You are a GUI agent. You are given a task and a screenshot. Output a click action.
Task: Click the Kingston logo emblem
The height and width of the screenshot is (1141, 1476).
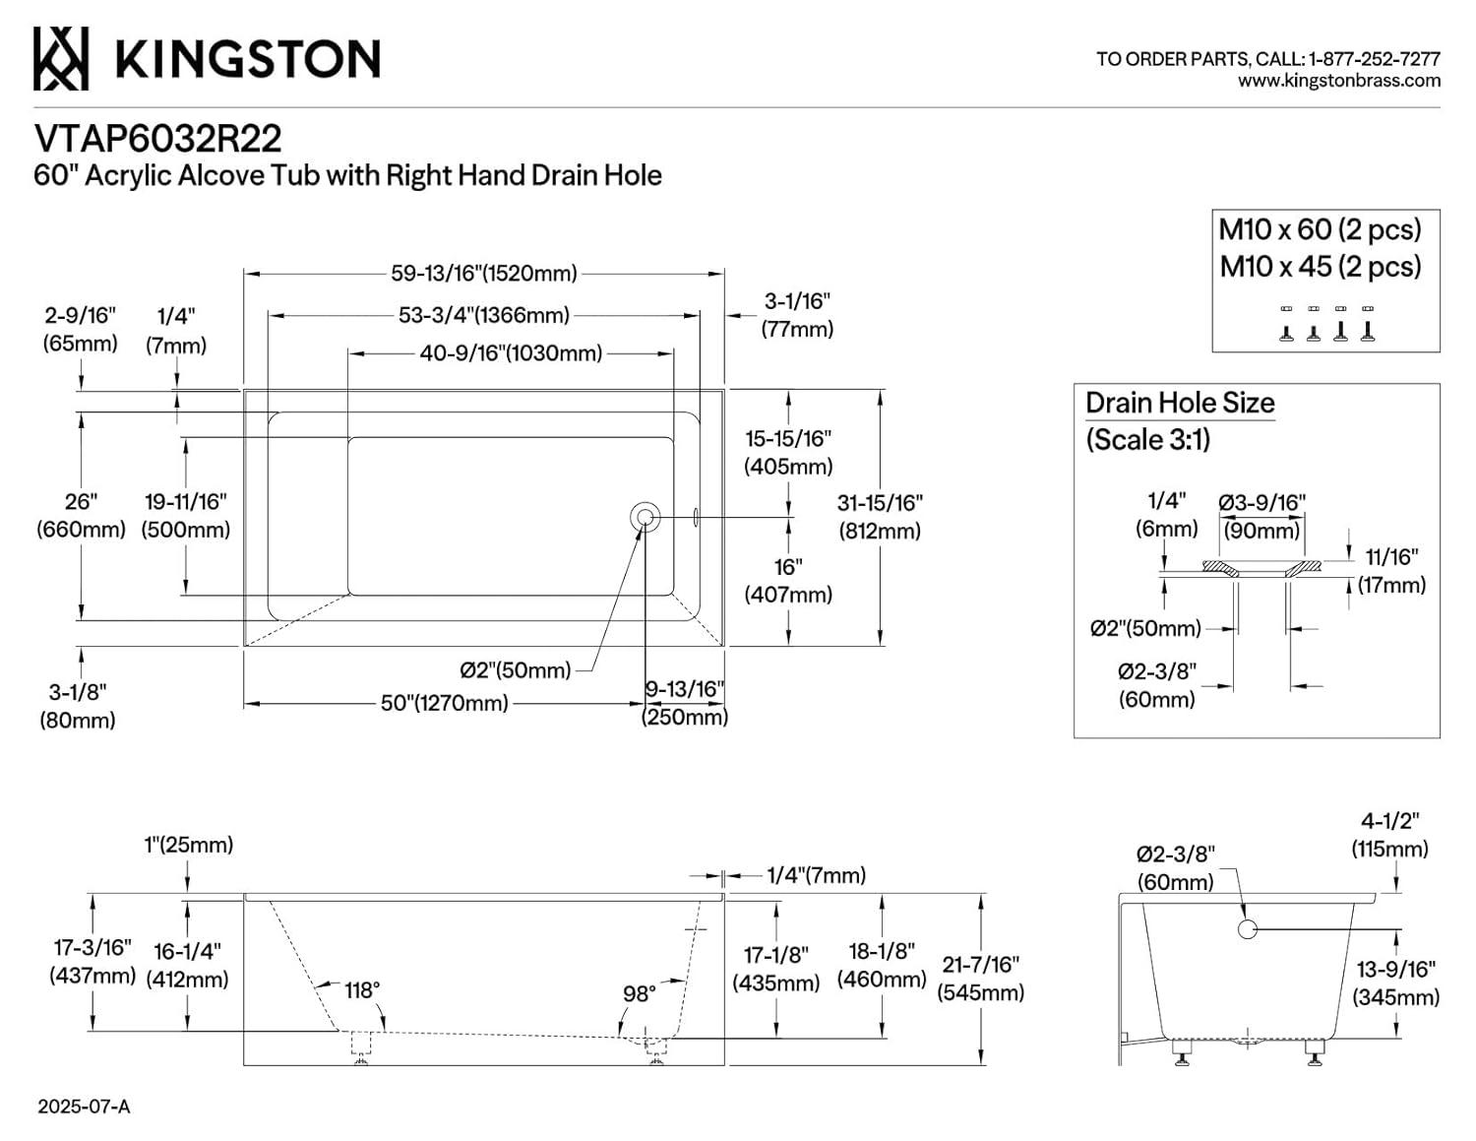pyautogui.click(x=61, y=58)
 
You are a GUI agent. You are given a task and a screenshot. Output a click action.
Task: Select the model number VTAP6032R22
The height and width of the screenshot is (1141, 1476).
pyautogui.click(x=157, y=138)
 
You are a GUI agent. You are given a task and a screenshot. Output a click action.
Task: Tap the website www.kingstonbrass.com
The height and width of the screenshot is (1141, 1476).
pyautogui.click(x=1338, y=82)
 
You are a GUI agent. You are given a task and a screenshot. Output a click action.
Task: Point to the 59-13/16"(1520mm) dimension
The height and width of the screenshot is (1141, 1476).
pyautogui.click(x=483, y=273)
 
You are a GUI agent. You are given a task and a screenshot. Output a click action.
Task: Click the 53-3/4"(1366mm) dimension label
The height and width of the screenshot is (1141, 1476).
pyautogui.click(x=483, y=315)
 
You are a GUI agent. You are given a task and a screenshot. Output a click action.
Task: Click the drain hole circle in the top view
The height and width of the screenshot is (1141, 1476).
pyautogui.click(x=646, y=516)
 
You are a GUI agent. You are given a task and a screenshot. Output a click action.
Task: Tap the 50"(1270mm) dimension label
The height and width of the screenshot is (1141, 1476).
pyautogui.click(x=444, y=703)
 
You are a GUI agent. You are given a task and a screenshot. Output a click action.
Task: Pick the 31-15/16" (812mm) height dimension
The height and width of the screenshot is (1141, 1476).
pyautogui.click(x=880, y=516)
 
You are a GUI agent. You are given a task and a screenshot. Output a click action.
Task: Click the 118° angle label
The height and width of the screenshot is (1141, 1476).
pyautogui.click(x=361, y=989)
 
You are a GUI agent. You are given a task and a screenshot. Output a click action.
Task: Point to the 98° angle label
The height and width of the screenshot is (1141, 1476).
pyautogui.click(x=639, y=993)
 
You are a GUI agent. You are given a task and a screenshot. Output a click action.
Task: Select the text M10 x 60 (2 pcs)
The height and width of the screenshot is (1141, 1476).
pyautogui.click(x=1320, y=229)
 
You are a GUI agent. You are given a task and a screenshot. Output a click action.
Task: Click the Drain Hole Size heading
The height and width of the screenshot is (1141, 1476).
pyautogui.click(x=1180, y=403)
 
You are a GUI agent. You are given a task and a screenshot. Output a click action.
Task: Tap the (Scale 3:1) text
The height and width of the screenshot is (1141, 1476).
pyautogui.click(x=1147, y=439)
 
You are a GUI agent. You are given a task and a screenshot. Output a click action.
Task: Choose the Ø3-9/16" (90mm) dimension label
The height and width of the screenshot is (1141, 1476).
pyautogui.click(x=1261, y=516)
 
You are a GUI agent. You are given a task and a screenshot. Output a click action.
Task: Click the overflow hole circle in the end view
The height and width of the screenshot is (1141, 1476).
pyautogui.click(x=1247, y=928)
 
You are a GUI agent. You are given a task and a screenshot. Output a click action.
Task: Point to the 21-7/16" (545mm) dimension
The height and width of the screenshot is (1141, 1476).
pyautogui.click(x=980, y=978)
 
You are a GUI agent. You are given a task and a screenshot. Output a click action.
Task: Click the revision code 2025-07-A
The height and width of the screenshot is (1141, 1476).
pyautogui.click(x=84, y=1107)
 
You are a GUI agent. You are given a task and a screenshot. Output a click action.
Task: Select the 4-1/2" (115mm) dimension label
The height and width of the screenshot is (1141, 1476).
pyautogui.click(x=1389, y=834)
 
